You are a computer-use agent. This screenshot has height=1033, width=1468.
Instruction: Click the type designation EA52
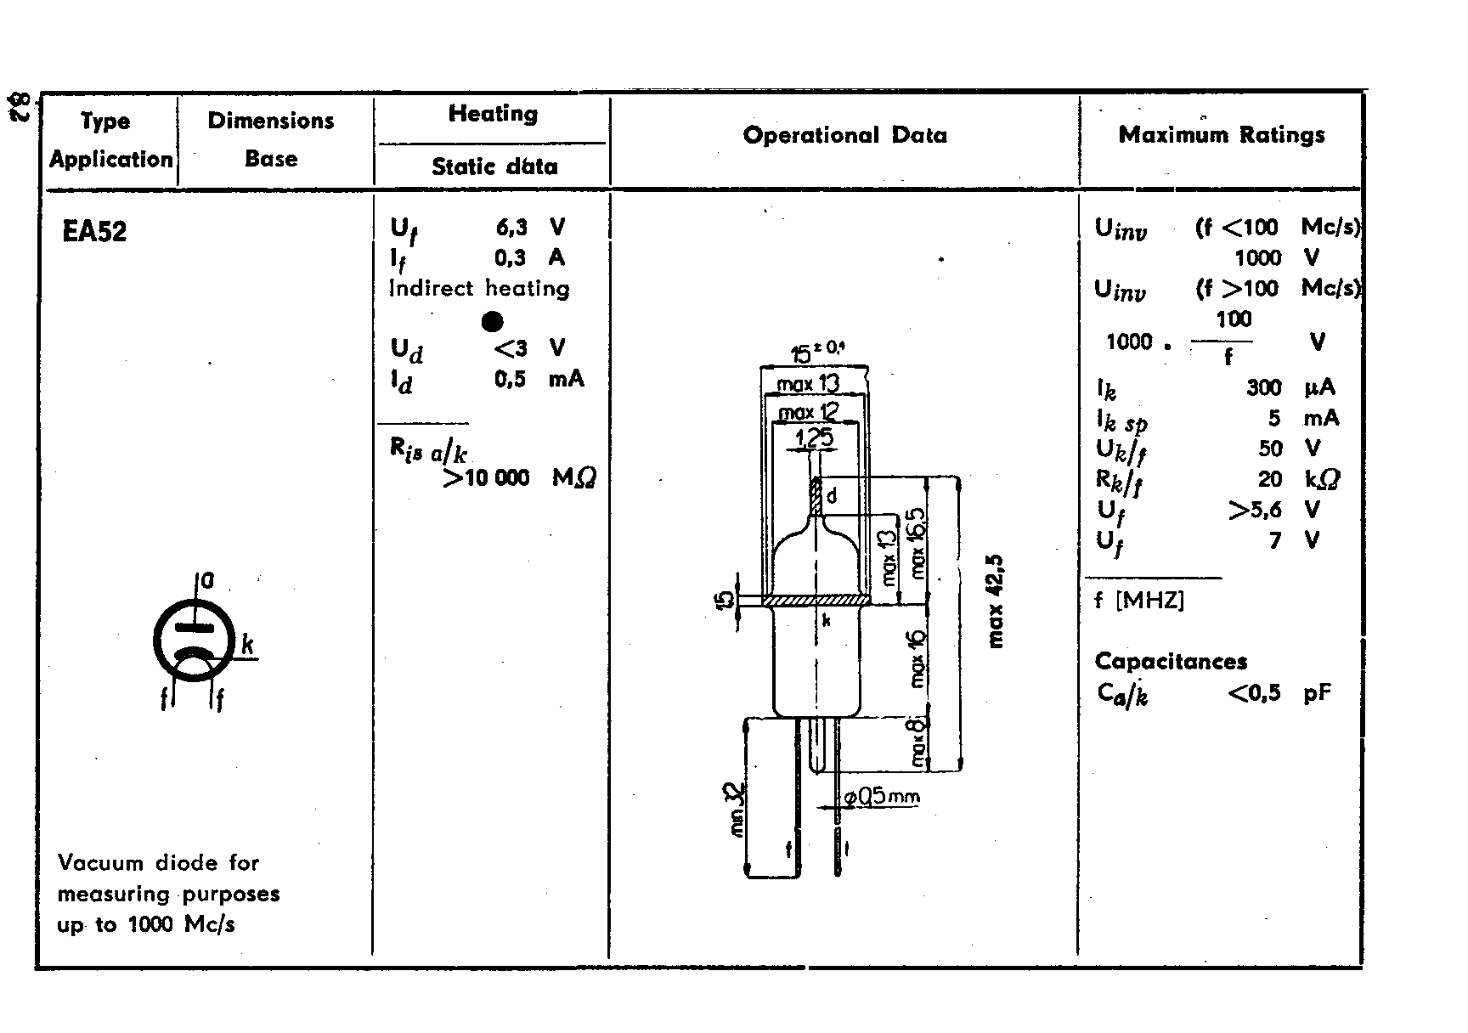(94, 232)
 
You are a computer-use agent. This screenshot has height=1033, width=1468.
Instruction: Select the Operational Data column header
(844, 136)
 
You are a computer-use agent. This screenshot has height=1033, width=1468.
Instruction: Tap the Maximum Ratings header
(1221, 135)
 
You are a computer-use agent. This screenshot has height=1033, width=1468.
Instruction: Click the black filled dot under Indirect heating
(492, 322)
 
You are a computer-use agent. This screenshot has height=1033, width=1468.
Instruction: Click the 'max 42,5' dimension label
(997, 601)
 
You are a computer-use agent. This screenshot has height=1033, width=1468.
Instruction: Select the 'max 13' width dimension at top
(808, 384)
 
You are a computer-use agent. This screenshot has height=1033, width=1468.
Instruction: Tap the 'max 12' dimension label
(809, 413)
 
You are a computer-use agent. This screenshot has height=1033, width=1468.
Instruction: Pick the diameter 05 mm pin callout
(881, 797)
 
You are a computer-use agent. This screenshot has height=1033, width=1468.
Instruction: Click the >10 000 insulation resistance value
(487, 478)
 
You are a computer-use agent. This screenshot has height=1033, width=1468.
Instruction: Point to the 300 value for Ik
(1263, 388)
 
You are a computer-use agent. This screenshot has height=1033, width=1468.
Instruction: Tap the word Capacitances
(1171, 662)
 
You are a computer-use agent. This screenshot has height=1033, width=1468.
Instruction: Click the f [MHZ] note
(1138, 601)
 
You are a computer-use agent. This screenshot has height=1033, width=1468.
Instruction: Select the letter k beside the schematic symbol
(247, 645)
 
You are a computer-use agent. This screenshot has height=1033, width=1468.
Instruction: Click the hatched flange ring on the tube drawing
(816, 601)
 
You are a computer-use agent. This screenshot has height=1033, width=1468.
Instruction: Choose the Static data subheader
(494, 167)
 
